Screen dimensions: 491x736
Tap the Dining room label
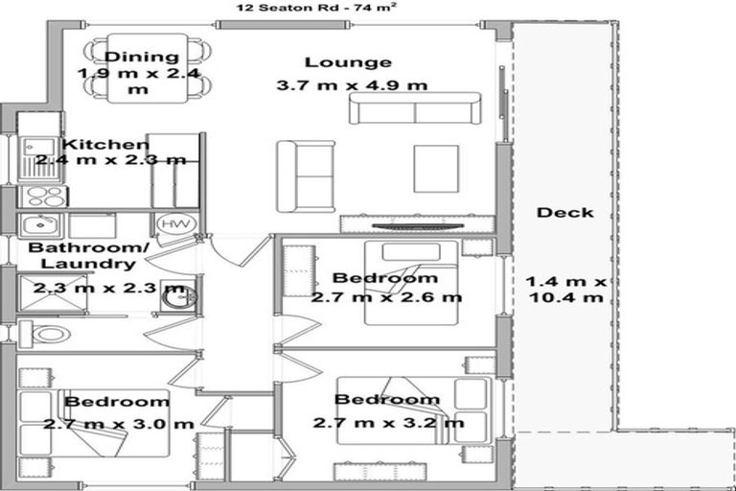coord(142,58)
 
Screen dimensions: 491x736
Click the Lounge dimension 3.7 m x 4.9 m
coord(351,85)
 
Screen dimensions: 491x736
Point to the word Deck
coord(564,212)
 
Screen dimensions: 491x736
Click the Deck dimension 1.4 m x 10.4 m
coord(564,290)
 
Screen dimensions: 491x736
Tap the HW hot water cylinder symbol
coord(172,224)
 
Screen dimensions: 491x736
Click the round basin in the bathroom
coord(174,296)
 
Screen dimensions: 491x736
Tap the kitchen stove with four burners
coord(42,196)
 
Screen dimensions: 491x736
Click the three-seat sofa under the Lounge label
coord(414,109)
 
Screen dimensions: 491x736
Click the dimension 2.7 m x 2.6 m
coord(386,297)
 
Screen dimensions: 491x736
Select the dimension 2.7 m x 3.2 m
coord(388,422)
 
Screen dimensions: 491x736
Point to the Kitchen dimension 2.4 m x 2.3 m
coord(110,160)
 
